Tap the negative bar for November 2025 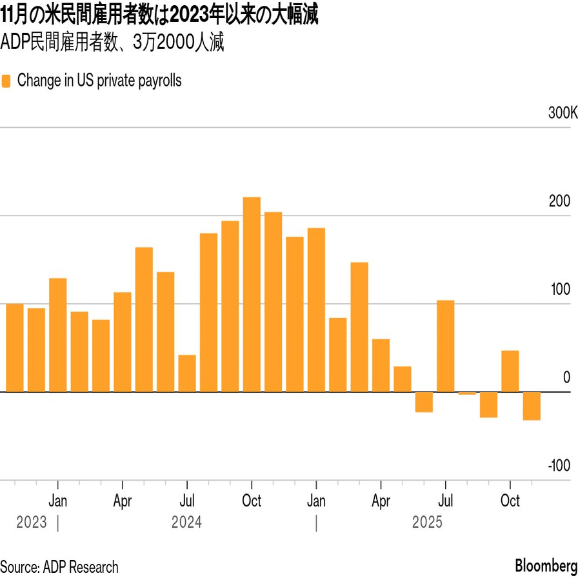coord(532,406)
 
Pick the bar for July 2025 coord(445,346)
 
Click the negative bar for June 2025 coord(424,402)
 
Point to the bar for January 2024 coord(58,335)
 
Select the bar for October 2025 coord(510,371)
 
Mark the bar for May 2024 coord(144,319)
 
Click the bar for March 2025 coord(359,327)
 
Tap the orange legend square coord(6,81)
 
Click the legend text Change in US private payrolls coord(99,81)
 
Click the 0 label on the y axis coord(566,377)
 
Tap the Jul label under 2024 coord(187,501)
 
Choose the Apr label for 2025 coord(381,501)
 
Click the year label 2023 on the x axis coord(32,522)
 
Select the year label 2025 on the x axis coord(427,522)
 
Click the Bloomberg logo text coord(546,566)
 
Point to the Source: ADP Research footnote coord(59,566)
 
